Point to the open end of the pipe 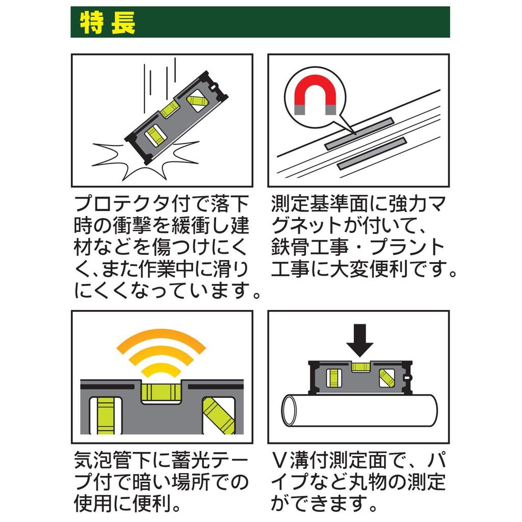point(292,411)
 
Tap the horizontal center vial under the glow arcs point(161,391)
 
